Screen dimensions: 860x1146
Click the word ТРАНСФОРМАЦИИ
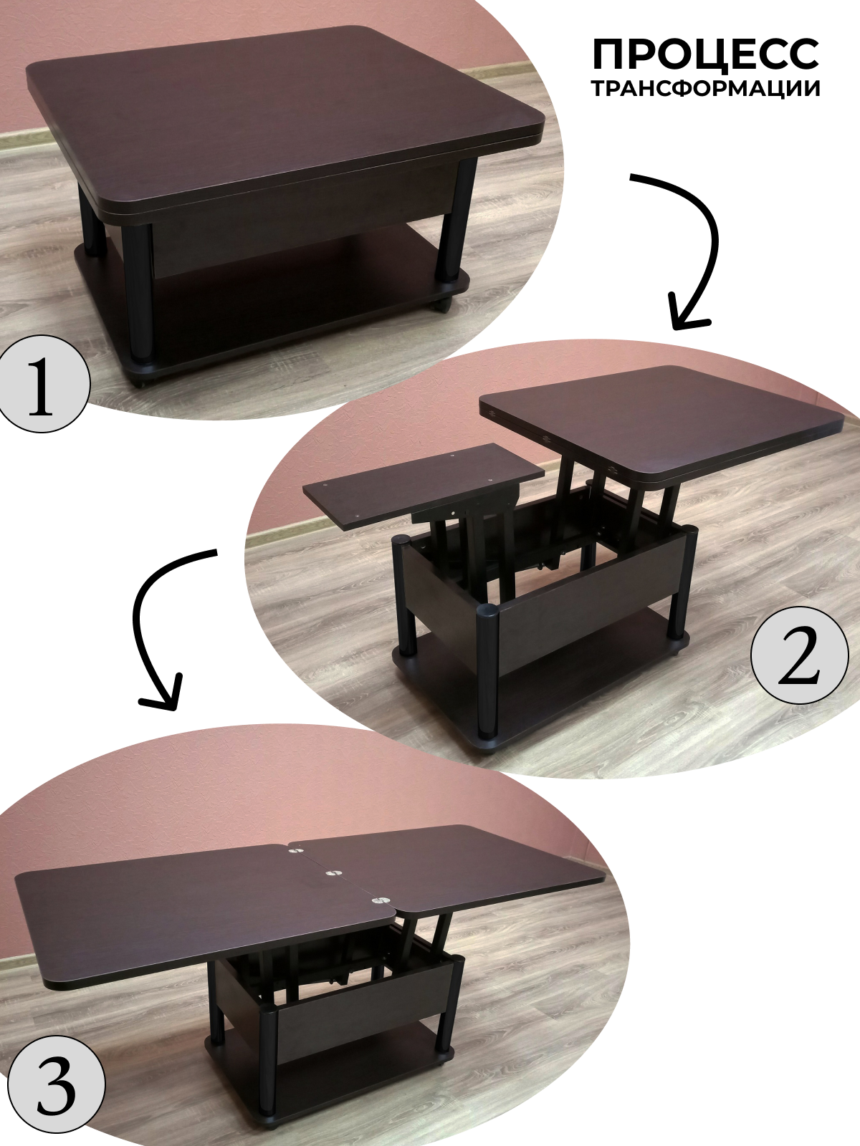pyautogui.click(x=706, y=89)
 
